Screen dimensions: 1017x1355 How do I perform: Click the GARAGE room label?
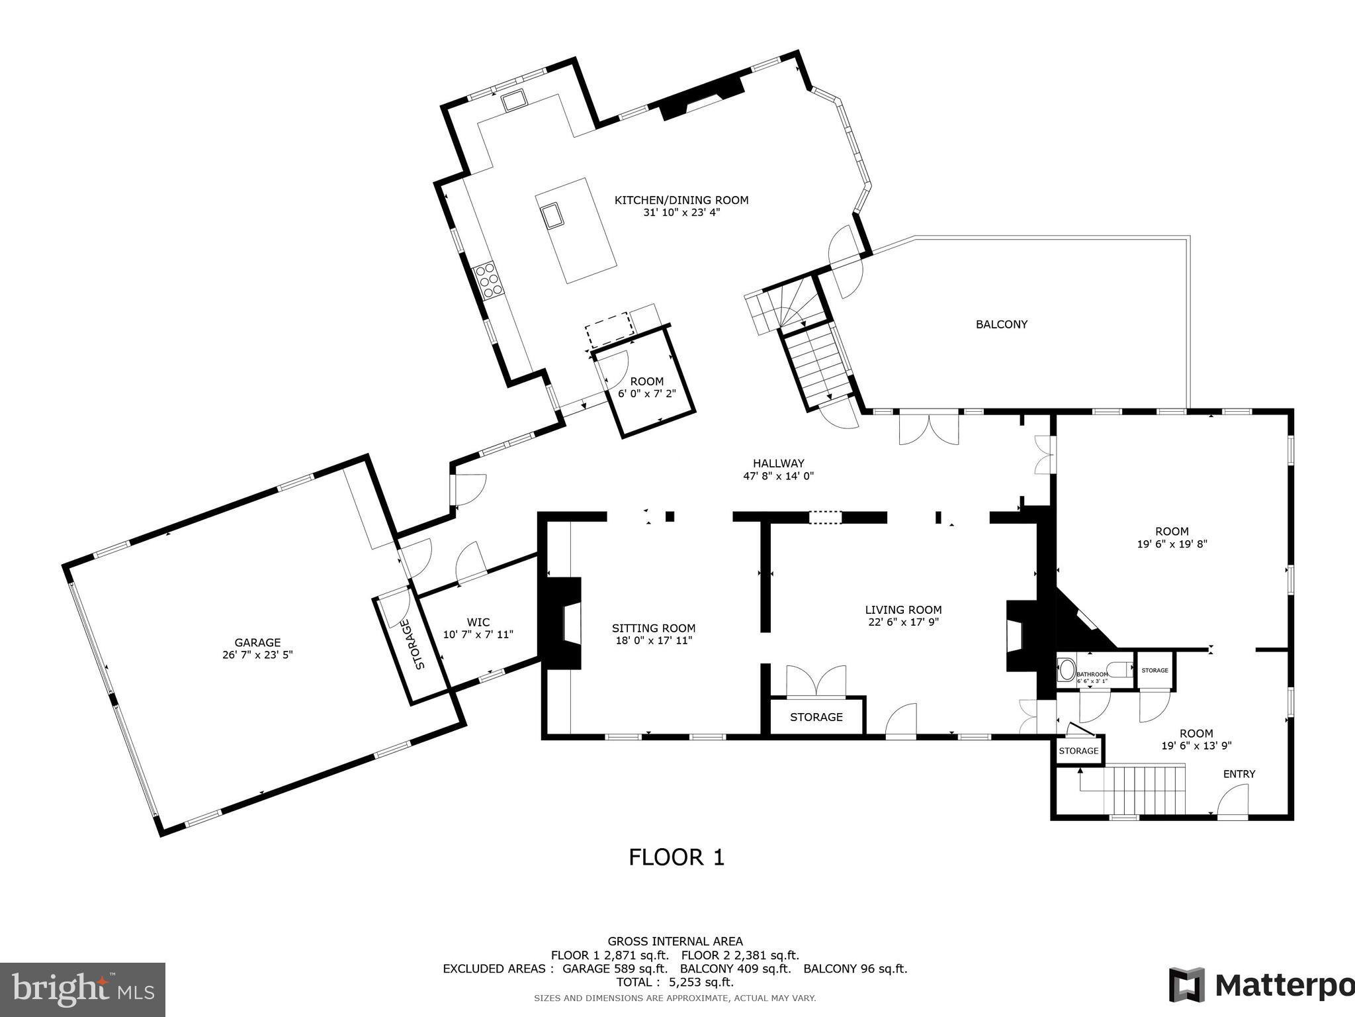257,642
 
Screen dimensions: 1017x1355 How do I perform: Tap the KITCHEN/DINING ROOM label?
681,200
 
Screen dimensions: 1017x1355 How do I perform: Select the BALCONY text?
1001,324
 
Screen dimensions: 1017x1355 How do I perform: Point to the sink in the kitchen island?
551,215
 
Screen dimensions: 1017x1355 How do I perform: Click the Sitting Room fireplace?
562,623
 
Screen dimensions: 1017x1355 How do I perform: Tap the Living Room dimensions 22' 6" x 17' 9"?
903,622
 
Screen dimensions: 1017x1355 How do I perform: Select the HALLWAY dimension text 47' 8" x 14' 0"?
778,475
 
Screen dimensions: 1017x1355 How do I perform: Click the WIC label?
478,622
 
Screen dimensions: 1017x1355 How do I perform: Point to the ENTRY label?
1239,773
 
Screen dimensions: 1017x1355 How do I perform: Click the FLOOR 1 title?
676,857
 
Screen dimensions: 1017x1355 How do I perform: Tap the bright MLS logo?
83,989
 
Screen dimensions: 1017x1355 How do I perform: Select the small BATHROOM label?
1092,674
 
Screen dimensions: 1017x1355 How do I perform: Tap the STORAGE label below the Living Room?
816,717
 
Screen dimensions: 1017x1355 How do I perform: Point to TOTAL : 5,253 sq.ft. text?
675,982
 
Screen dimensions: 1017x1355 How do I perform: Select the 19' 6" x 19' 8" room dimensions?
1172,544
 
